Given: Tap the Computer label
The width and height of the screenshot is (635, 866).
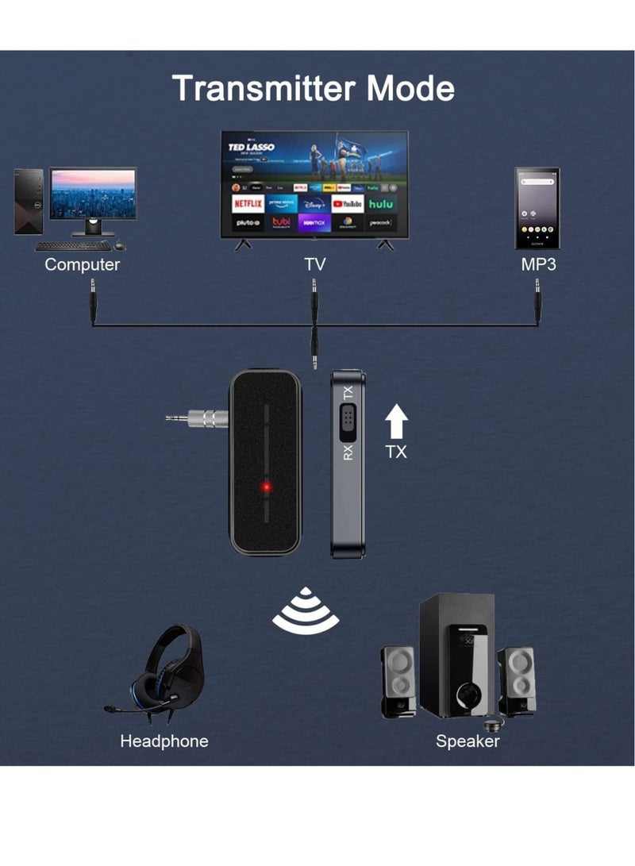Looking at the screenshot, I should point(82,264).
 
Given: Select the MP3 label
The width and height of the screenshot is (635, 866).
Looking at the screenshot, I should point(538,264).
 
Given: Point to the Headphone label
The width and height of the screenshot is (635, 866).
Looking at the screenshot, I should point(164,741).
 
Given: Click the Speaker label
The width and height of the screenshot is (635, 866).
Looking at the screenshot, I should point(468,741).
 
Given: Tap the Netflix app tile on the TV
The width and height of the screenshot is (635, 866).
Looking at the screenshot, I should point(248,204).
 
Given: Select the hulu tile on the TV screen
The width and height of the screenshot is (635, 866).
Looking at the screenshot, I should point(381,204).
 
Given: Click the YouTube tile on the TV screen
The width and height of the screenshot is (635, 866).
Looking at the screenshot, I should point(348,204).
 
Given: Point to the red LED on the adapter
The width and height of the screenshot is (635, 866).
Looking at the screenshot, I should point(267,487).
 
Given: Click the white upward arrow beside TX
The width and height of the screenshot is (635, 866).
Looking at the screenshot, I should point(396,421).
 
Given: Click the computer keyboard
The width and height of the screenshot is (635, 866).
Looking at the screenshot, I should point(73,246).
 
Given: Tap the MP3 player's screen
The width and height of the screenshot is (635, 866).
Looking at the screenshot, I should point(537,205).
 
